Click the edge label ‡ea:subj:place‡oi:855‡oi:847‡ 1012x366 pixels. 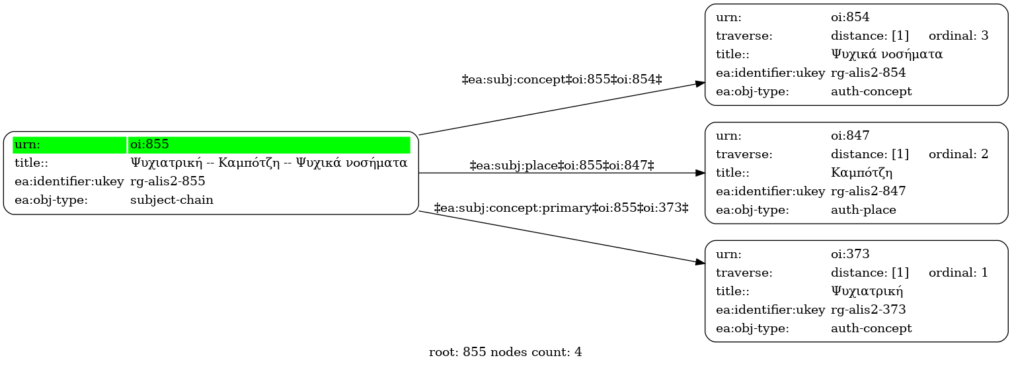tap(562, 165)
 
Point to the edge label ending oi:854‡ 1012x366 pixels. tap(562, 79)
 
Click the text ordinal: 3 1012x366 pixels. tap(958, 36)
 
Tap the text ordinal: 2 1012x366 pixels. tap(958, 154)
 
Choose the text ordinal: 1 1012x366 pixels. tap(958, 273)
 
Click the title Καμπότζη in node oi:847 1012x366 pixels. tap(861, 173)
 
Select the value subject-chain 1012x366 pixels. tap(172, 200)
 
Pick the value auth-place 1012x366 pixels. tap(863, 210)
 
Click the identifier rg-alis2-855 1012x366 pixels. tap(168, 181)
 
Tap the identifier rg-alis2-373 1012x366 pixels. tap(869, 310)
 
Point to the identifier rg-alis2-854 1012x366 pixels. tap(869, 73)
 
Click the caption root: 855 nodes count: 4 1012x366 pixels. tap(505, 352)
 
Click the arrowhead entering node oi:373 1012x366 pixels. tap(700, 262)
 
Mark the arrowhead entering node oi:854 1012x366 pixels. tap(700, 83)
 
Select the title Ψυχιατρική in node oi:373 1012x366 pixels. tap(867, 291)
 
